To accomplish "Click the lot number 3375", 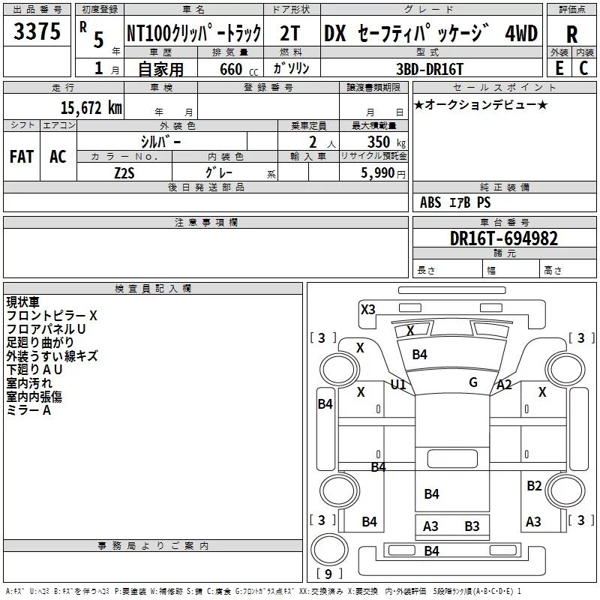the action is coord(37,32).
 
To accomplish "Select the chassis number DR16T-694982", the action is coord(504,238).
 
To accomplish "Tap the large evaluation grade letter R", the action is coord(571,34).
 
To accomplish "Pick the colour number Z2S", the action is coord(124,172).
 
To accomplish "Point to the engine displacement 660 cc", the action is coord(229,69).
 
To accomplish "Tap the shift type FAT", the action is coord(22,157).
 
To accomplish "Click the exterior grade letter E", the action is coord(559,68).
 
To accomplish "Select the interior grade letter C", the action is coord(583,68).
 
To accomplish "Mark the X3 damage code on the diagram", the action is coord(367,309).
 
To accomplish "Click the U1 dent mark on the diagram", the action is coord(398,385).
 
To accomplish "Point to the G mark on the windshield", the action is coord(473,382).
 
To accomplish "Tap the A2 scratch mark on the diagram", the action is coord(504,385).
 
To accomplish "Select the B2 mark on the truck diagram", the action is coord(533,486).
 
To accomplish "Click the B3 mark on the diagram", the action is coord(472,526).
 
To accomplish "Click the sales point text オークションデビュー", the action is coord(481,104).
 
